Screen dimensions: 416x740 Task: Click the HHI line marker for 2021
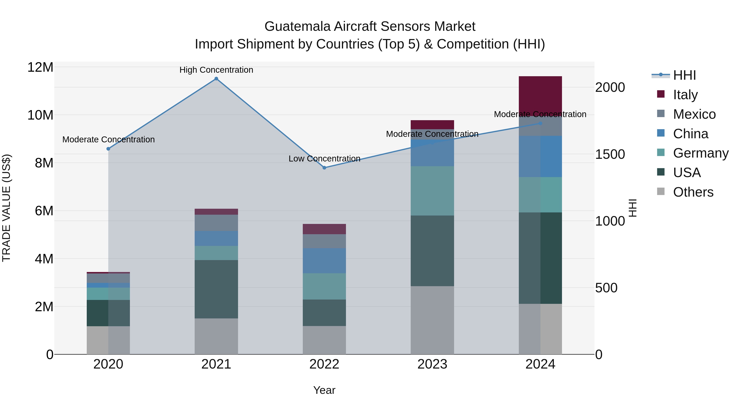[216, 79]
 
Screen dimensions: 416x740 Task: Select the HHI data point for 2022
[324, 168]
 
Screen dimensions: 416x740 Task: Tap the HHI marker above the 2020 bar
[108, 149]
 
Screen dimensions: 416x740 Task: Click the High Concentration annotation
[216, 70]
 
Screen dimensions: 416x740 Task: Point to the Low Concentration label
[324, 158]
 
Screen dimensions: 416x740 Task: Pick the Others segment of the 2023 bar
[432, 320]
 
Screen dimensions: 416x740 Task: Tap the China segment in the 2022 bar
[324, 260]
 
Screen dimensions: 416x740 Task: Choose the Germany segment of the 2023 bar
[432, 191]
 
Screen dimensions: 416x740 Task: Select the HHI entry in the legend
[684, 75]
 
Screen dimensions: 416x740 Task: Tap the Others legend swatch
[661, 191]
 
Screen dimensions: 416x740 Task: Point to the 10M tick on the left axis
[40, 115]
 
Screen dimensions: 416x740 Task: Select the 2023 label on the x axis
[432, 364]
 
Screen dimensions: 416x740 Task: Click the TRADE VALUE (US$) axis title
[7, 208]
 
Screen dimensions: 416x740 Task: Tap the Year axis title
[324, 390]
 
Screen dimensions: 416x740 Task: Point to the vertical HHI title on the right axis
[633, 208]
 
